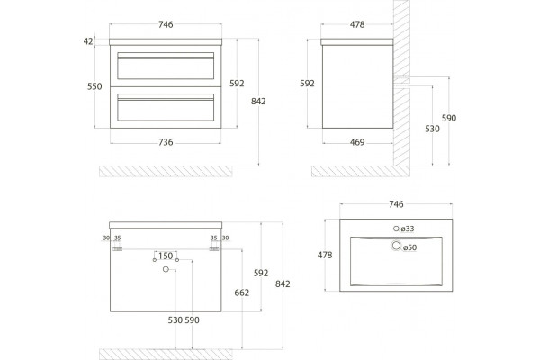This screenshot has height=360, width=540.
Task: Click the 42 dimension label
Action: (x=88, y=41)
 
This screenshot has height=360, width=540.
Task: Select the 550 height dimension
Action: (x=94, y=86)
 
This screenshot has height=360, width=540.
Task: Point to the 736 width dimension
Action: (x=166, y=142)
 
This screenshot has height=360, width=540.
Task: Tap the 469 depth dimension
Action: (x=357, y=142)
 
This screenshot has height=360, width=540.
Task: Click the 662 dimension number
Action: (x=242, y=292)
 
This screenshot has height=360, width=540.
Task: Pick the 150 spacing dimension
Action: (x=166, y=256)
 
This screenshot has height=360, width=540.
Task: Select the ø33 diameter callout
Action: (x=408, y=229)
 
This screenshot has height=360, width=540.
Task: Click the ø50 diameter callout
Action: (x=409, y=247)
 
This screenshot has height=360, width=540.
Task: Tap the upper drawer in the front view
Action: (x=166, y=66)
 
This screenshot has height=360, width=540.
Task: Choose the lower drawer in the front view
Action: (x=166, y=107)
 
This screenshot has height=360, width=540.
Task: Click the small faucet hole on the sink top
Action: (x=396, y=229)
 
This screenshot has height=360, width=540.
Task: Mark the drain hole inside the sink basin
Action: (x=396, y=246)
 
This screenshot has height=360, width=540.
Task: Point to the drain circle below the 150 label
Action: (x=166, y=269)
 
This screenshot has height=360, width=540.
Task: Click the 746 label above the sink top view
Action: (x=396, y=204)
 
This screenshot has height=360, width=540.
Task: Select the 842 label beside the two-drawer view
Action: (x=258, y=102)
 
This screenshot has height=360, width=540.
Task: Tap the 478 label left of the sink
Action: (x=325, y=255)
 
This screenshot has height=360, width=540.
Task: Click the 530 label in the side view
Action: (x=432, y=129)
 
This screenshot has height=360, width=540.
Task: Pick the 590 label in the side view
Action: (x=449, y=118)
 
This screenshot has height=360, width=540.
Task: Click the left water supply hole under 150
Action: (x=155, y=260)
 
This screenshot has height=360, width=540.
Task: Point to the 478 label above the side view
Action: (x=357, y=24)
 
